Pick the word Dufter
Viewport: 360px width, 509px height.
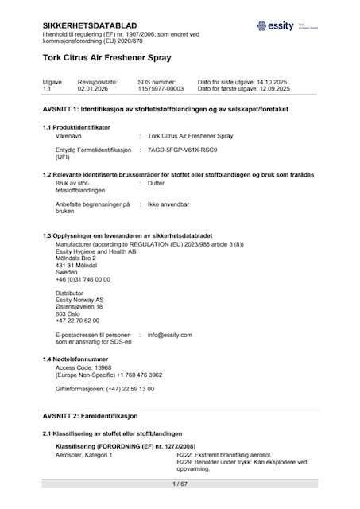click(x=157, y=183)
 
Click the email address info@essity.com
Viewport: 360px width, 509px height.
click(x=169, y=335)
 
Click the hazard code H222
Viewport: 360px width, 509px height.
click(x=184, y=454)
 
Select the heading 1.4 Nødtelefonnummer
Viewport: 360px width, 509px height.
click(x=77, y=359)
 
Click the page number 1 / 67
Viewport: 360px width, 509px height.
click(x=180, y=484)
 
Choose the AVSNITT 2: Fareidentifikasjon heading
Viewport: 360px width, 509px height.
click(x=91, y=416)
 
